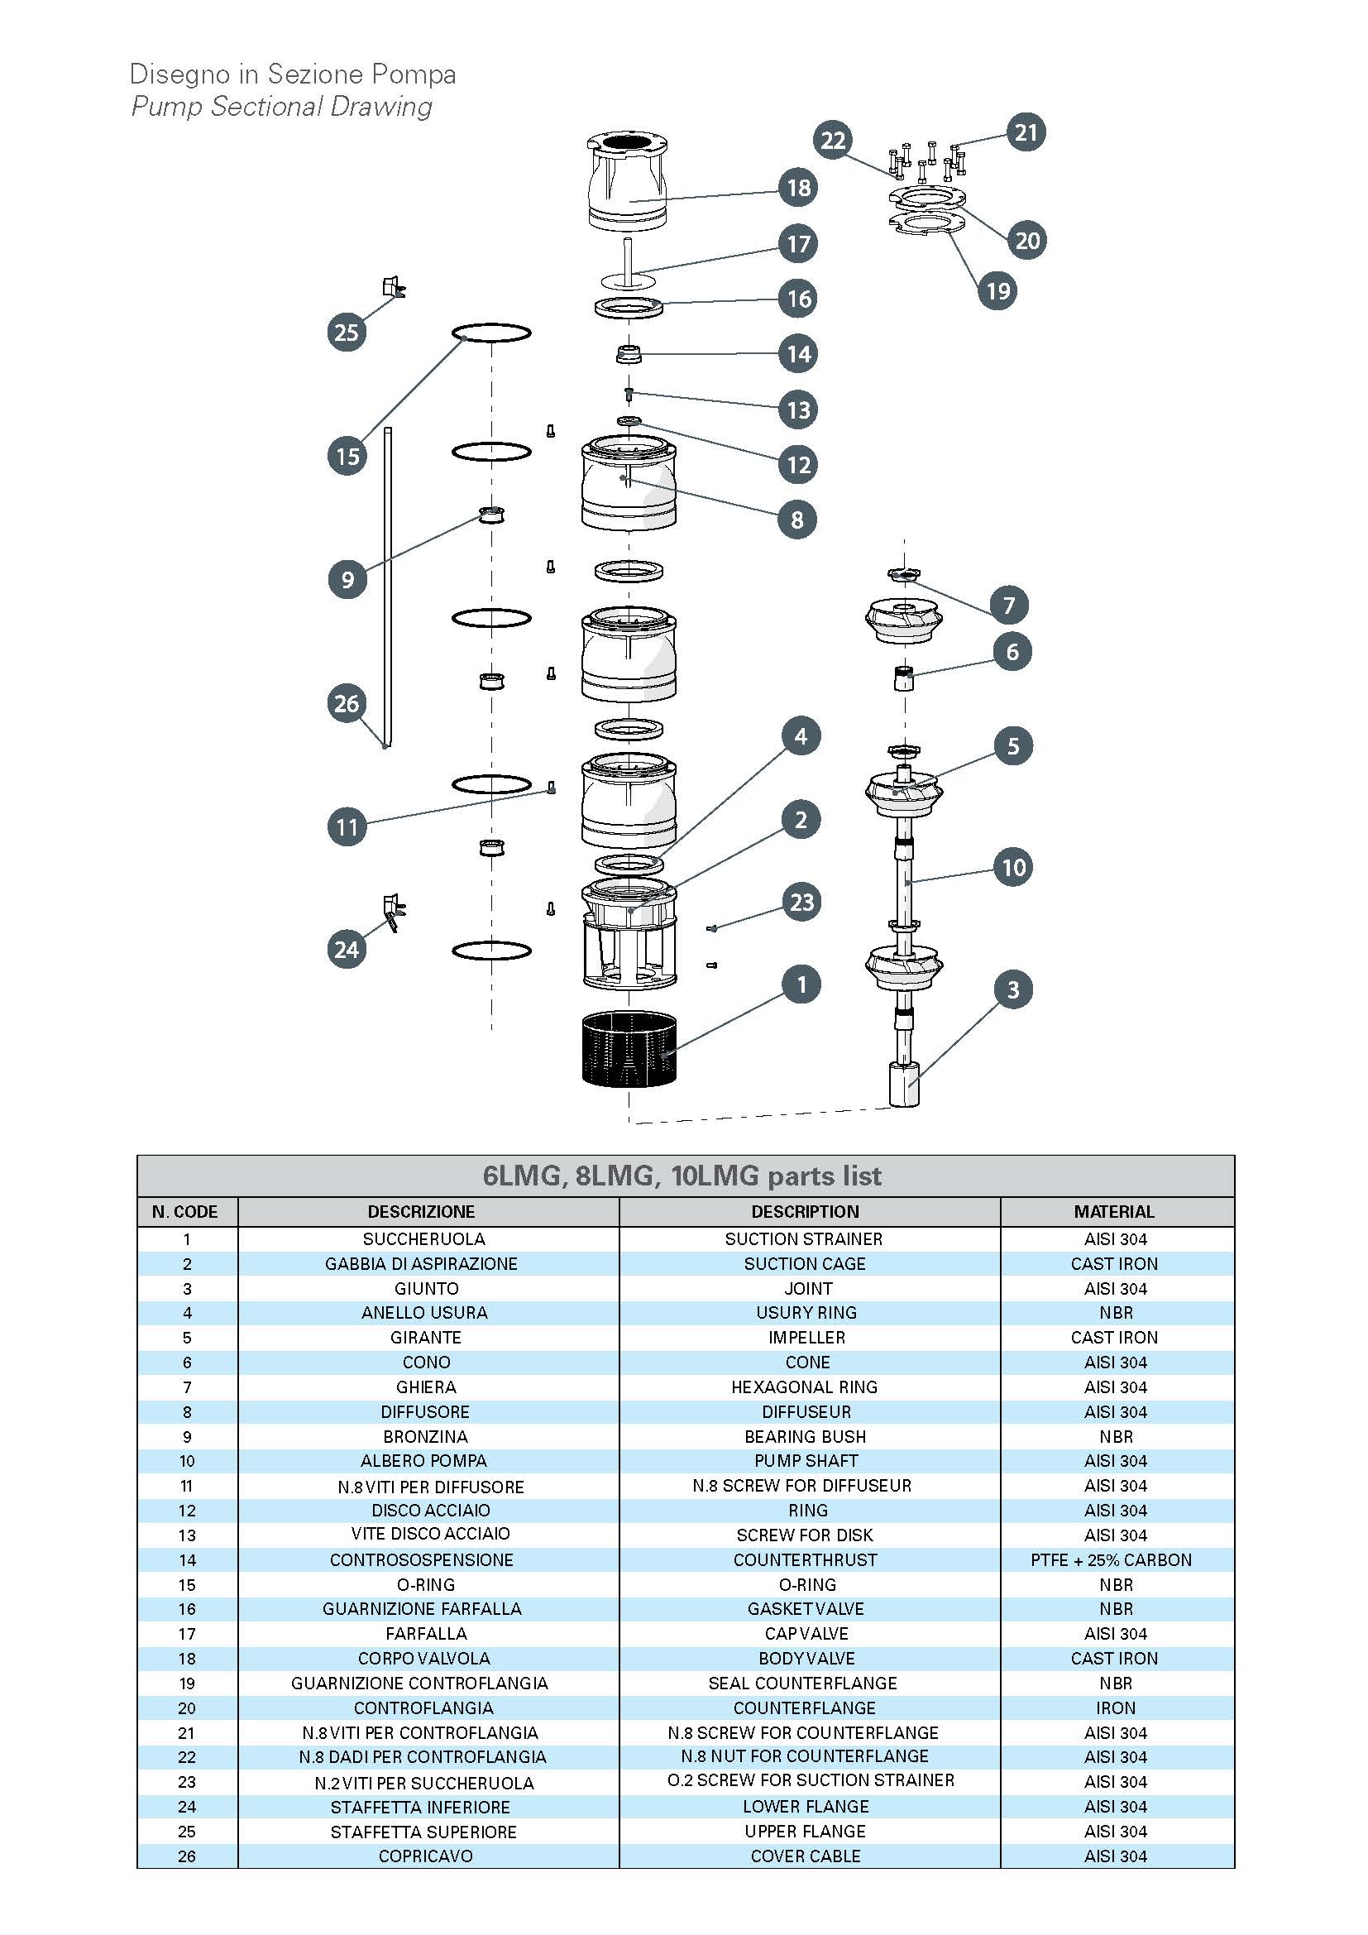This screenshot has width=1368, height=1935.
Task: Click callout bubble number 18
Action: pyautogui.click(x=799, y=187)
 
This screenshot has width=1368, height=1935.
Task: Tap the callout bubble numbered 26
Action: pyautogui.click(x=347, y=703)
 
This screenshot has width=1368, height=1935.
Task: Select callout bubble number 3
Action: pyautogui.click(x=1012, y=989)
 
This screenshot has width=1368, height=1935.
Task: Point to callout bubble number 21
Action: pyautogui.click(x=1025, y=132)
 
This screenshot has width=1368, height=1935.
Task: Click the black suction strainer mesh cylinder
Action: pyautogui.click(x=629, y=1049)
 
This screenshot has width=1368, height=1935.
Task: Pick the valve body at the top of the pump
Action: pyautogui.click(x=628, y=185)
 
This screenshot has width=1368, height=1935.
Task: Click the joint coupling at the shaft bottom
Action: pyautogui.click(x=904, y=1085)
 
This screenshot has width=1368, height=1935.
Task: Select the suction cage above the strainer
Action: pyautogui.click(x=629, y=936)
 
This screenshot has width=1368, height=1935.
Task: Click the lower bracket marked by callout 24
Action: pyautogui.click(x=393, y=911)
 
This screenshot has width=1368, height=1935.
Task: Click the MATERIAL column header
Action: pyautogui.click(x=1113, y=1212)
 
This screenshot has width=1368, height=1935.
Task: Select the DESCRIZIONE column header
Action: pyautogui.click(x=421, y=1212)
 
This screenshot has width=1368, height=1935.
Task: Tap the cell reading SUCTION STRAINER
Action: pyautogui.click(x=804, y=1239)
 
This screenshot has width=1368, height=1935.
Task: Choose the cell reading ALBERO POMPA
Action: pyautogui.click(x=423, y=1460)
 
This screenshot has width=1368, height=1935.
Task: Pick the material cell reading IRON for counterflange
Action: pyautogui.click(x=1115, y=1707)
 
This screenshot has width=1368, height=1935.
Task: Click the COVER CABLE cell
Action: pyautogui.click(x=806, y=1856)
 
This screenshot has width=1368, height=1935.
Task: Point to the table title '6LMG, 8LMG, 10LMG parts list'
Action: pyautogui.click(x=682, y=1176)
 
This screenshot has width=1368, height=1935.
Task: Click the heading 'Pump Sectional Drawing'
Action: pyautogui.click(x=281, y=106)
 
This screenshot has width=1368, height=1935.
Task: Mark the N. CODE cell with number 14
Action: pyautogui.click(x=187, y=1560)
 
